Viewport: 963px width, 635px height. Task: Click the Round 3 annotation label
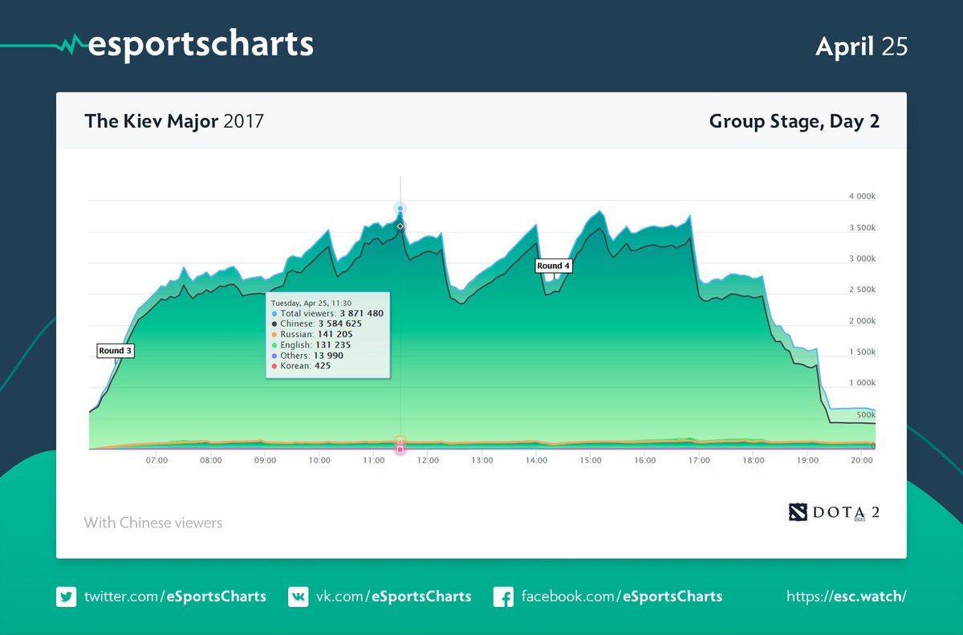click(x=115, y=351)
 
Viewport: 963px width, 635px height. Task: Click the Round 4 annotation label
click(x=554, y=266)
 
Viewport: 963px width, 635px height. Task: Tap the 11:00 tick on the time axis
click(x=373, y=461)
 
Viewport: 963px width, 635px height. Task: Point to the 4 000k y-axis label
click(x=862, y=197)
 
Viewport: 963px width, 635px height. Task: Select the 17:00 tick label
click(x=698, y=461)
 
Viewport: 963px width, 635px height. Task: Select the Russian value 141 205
click(x=336, y=334)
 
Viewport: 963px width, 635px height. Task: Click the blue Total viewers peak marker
click(x=400, y=209)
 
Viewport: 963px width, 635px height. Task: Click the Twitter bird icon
click(x=66, y=596)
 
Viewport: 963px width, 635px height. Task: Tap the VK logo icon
click(x=298, y=596)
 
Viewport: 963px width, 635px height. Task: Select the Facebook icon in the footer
click(x=503, y=596)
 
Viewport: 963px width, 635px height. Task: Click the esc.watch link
click(x=847, y=596)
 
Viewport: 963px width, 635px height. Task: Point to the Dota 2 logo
click(x=834, y=511)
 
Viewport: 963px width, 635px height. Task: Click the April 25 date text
click(x=861, y=47)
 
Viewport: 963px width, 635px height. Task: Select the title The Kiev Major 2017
click(x=174, y=122)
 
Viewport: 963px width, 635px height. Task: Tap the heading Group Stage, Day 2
click(x=794, y=122)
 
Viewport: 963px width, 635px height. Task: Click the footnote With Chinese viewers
click(x=153, y=523)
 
